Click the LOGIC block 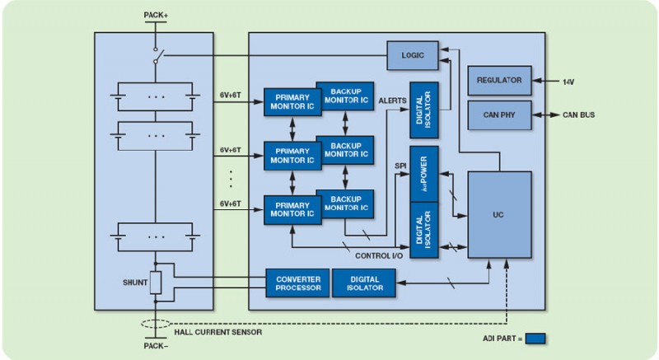[412, 54]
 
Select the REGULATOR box [499, 81]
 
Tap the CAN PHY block [499, 115]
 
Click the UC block [499, 214]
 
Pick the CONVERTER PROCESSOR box [297, 283]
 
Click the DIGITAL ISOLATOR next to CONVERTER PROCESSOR [363, 283]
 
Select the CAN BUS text [578, 115]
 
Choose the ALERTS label [392, 100]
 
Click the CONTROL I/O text [377, 255]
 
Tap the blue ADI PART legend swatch [535, 338]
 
